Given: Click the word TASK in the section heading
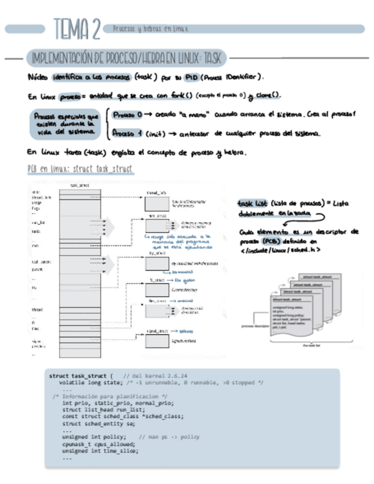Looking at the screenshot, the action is pyautogui.click(x=213, y=58).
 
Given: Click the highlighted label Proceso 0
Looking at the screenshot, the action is pyautogui.click(x=127, y=115).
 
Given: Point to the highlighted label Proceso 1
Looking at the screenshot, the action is pyautogui.click(x=127, y=134).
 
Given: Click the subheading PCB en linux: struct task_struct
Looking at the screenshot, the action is pyautogui.click(x=80, y=170).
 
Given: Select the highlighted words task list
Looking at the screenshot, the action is pyautogui.click(x=251, y=203).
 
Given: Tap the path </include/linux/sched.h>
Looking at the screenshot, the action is pyautogui.click(x=279, y=250).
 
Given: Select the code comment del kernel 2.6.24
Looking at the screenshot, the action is pyautogui.click(x=155, y=376).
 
